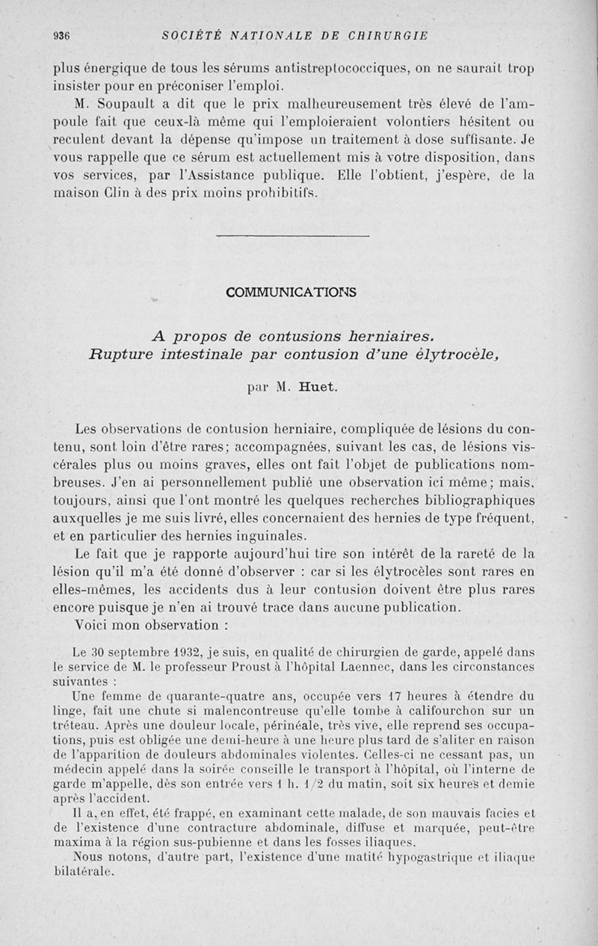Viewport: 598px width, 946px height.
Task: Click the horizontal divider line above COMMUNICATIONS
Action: pyautogui.click(x=292, y=237)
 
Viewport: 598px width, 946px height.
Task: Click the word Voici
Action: pyautogui.click(x=102, y=624)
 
